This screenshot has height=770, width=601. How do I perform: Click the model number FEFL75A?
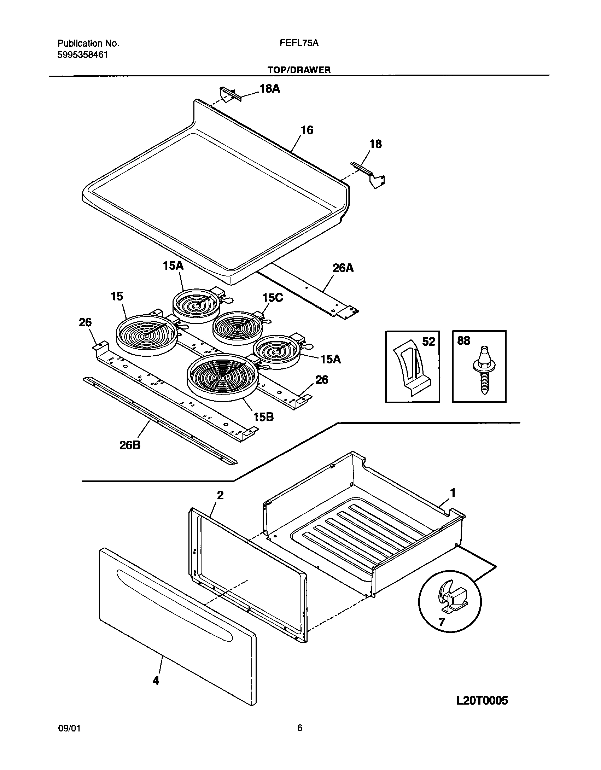299,43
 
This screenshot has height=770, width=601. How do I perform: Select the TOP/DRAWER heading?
299,70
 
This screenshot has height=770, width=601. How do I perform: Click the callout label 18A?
270,89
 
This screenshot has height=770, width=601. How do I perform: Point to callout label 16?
307,130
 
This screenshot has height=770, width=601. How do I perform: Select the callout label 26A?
343,268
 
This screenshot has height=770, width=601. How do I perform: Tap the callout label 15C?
273,298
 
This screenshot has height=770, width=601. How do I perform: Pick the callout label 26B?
130,445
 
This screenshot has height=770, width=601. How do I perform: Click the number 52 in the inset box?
428,342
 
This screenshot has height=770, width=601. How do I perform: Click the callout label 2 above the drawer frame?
220,495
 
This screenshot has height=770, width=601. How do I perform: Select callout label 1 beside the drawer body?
453,492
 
